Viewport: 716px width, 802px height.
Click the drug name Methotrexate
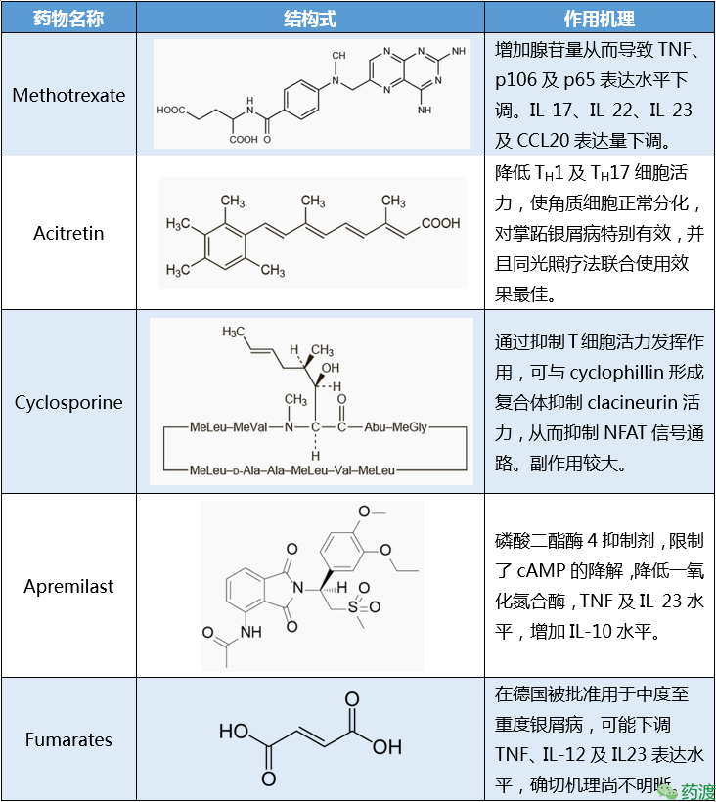[68, 96]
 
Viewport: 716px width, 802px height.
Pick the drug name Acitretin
[68, 234]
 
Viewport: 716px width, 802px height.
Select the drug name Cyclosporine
[68, 402]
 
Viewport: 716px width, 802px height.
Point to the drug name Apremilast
[68, 586]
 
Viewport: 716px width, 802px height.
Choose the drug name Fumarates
[68, 739]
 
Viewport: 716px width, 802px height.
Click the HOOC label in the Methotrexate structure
[172, 110]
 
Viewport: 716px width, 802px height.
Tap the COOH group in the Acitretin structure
[440, 224]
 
